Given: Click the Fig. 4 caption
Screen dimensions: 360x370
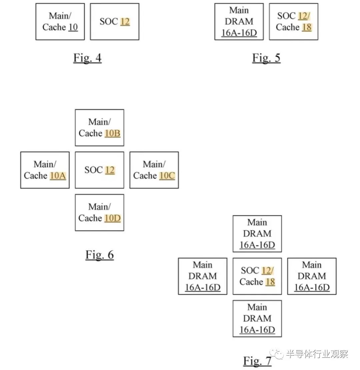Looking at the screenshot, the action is (x=87, y=58).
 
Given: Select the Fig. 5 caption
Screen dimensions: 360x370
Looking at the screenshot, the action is (x=266, y=58).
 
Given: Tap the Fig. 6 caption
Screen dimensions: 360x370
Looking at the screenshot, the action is (x=99, y=255).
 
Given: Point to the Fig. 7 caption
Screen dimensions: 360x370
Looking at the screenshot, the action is (x=257, y=361).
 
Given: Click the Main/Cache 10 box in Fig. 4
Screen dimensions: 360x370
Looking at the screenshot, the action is (x=60, y=21).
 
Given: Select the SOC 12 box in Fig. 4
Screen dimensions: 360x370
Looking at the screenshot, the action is (x=115, y=21).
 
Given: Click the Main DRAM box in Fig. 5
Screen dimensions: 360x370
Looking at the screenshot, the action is (x=239, y=21).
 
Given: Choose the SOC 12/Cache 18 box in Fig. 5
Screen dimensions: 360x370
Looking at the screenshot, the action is (x=294, y=21).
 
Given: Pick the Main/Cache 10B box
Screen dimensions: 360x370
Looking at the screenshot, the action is (x=99, y=128).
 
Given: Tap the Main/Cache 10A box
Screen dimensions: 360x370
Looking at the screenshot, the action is (x=45, y=170).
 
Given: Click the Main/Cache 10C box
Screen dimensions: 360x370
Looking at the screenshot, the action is (x=154, y=170).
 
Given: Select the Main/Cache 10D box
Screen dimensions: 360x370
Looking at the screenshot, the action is (x=99, y=212).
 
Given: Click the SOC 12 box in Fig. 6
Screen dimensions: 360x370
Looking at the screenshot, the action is (x=99, y=170).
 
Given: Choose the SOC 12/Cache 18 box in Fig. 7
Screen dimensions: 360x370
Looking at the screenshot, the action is (x=257, y=276).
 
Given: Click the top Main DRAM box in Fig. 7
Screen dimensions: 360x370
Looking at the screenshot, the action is (x=257, y=234).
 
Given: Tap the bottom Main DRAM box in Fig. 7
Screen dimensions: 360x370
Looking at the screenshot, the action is (x=257, y=319).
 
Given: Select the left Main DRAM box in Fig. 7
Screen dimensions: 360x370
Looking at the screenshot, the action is (x=203, y=276).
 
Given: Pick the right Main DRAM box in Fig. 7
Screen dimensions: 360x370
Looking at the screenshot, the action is (x=312, y=276).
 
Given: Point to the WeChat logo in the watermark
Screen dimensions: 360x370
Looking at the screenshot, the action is (x=277, y=354).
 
